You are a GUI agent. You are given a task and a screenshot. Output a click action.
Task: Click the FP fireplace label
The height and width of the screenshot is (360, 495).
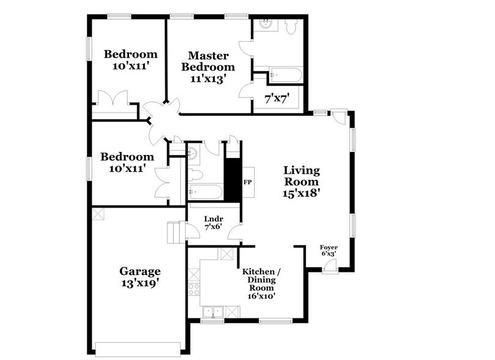(x=248, y=182)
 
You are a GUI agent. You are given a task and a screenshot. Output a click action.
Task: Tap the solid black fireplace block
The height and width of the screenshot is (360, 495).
(x=233, y=179)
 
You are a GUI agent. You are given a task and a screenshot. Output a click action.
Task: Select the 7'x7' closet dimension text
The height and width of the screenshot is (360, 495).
(x=276, y=97)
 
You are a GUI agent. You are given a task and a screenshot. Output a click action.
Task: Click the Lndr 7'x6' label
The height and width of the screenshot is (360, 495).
(x=213, y=222)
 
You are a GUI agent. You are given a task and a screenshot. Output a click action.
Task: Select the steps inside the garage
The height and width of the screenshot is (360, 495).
(x=176, y=233)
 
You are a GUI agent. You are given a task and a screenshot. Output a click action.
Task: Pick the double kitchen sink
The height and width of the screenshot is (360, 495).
(x=214, y=312)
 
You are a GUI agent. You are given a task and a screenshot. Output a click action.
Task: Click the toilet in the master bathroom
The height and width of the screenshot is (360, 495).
(x=291, y=26)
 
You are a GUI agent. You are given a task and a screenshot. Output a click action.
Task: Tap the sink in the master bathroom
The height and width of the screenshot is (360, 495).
(x=267, y=25)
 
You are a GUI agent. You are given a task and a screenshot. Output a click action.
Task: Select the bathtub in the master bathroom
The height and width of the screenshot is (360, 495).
(x=285, y=76)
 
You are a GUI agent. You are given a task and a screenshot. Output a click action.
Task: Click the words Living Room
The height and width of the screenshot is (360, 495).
(x=300, y=176)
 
